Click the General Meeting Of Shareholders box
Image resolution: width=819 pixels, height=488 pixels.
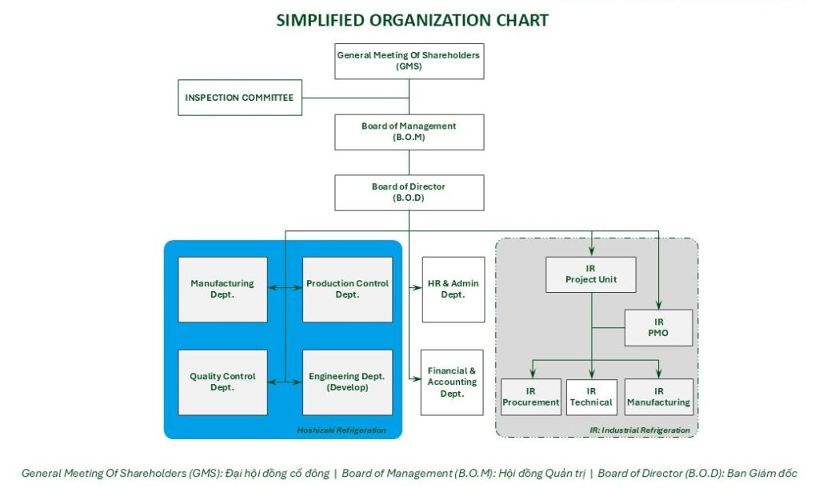point(409,61)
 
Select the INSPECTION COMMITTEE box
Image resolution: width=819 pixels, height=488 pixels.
point(240,98)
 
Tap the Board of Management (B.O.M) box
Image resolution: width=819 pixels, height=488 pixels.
point(409,132)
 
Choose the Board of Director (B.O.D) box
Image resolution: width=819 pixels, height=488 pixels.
point(409,193)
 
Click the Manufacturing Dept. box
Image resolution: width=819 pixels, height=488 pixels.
point(222,290)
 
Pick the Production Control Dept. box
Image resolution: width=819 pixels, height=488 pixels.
point(347,290)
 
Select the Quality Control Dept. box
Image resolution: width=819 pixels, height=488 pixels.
point(222,382)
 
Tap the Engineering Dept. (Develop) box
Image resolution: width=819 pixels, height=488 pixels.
point(347,382)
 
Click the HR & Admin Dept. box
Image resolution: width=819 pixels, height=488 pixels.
point(453,290)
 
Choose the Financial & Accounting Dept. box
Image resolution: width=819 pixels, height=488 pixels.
point(452,382)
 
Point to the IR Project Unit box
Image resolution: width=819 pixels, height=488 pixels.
point(591,274)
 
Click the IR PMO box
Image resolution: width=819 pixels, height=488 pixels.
point(659,327)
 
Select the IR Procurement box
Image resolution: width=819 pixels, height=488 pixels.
point(531,397)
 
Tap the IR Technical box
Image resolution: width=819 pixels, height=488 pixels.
point(591,397)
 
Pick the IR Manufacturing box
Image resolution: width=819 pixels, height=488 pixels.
point(659,397)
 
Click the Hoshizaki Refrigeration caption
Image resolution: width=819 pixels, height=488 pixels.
point(342,430)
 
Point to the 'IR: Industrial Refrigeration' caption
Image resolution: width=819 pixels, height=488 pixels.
point(640,430)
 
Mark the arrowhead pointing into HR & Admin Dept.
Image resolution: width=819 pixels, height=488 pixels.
point(417,287)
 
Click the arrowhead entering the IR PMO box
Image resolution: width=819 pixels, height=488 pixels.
point(659,305)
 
